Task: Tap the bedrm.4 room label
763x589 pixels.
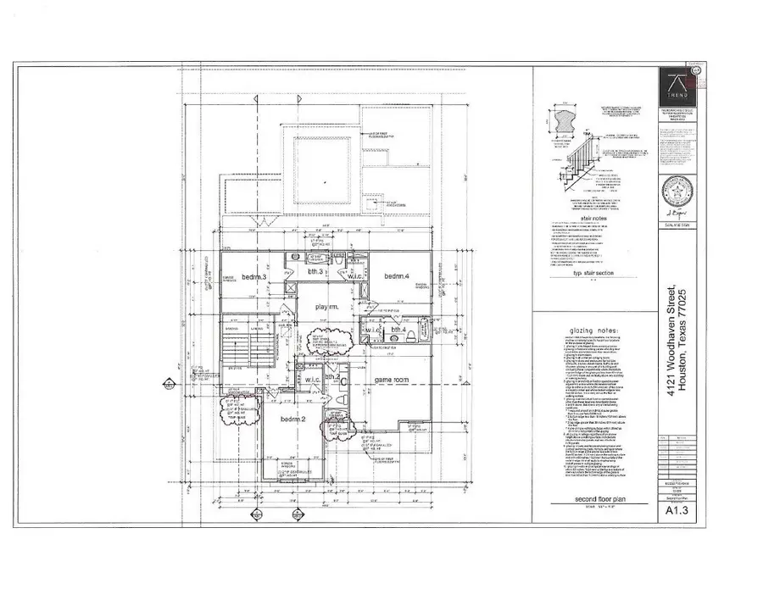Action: (397, 277)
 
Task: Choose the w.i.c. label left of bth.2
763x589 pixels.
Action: (310, 379)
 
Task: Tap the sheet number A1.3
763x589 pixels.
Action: (677, 534)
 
